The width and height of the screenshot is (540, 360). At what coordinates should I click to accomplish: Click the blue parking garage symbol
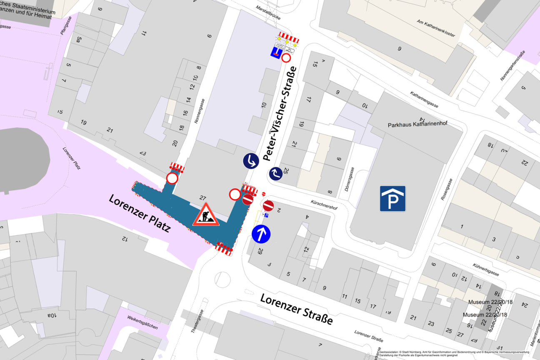pyautogui.click(x=392, y=198)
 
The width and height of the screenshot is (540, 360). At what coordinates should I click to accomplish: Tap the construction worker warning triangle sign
pyautogui.click(x=206, y=215)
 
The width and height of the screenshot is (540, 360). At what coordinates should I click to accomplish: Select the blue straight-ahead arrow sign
pyautogui.click(x=261, y=235)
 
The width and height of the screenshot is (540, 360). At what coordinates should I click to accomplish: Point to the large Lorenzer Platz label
pyautogui.click(x=140, y=213)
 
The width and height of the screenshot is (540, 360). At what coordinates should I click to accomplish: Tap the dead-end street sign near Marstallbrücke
pyautogui.click(x=276, y=52)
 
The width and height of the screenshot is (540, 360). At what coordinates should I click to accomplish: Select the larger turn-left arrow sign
pyautogui.click(x=251, y=161)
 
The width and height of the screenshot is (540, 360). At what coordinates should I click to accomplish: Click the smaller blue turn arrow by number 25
pyautogui.click(x=275, y=173)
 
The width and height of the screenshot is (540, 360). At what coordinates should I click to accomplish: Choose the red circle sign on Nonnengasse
pyautogui.click(x=172, y=178)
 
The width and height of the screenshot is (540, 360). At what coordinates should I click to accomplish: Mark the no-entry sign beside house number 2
pyautogui.click(x=268, y=205)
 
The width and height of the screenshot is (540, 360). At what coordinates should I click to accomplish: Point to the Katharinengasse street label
pyautogui.click(x=424, y=100)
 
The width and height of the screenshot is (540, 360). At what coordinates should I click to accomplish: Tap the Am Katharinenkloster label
pyautogui.click(x=436, y=28)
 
